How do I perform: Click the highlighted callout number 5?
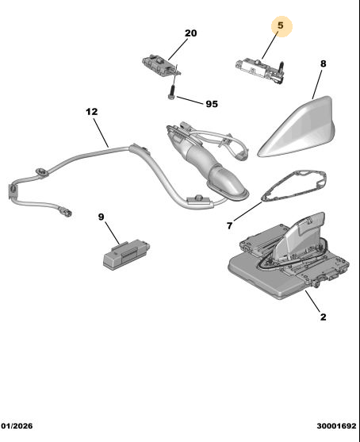coord(281,25)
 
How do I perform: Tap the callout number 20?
coord(190,33)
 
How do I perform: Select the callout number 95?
coord(212,104)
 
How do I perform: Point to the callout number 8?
coord(323,63)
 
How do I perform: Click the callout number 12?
coord(92,112)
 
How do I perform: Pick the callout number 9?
coord(101,217)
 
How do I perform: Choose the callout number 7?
coord(230,226)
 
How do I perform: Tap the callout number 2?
coord(323,317)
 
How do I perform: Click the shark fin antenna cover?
coord(297,129)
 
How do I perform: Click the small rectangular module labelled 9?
coord(126,254)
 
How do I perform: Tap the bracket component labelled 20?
coord(160,66)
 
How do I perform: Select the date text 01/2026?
coord(17,425)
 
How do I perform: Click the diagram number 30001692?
coord(337,425)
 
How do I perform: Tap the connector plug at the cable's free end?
coord(65,212)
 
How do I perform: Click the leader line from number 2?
coord(312,301)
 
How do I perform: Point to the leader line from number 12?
coord(101,133)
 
